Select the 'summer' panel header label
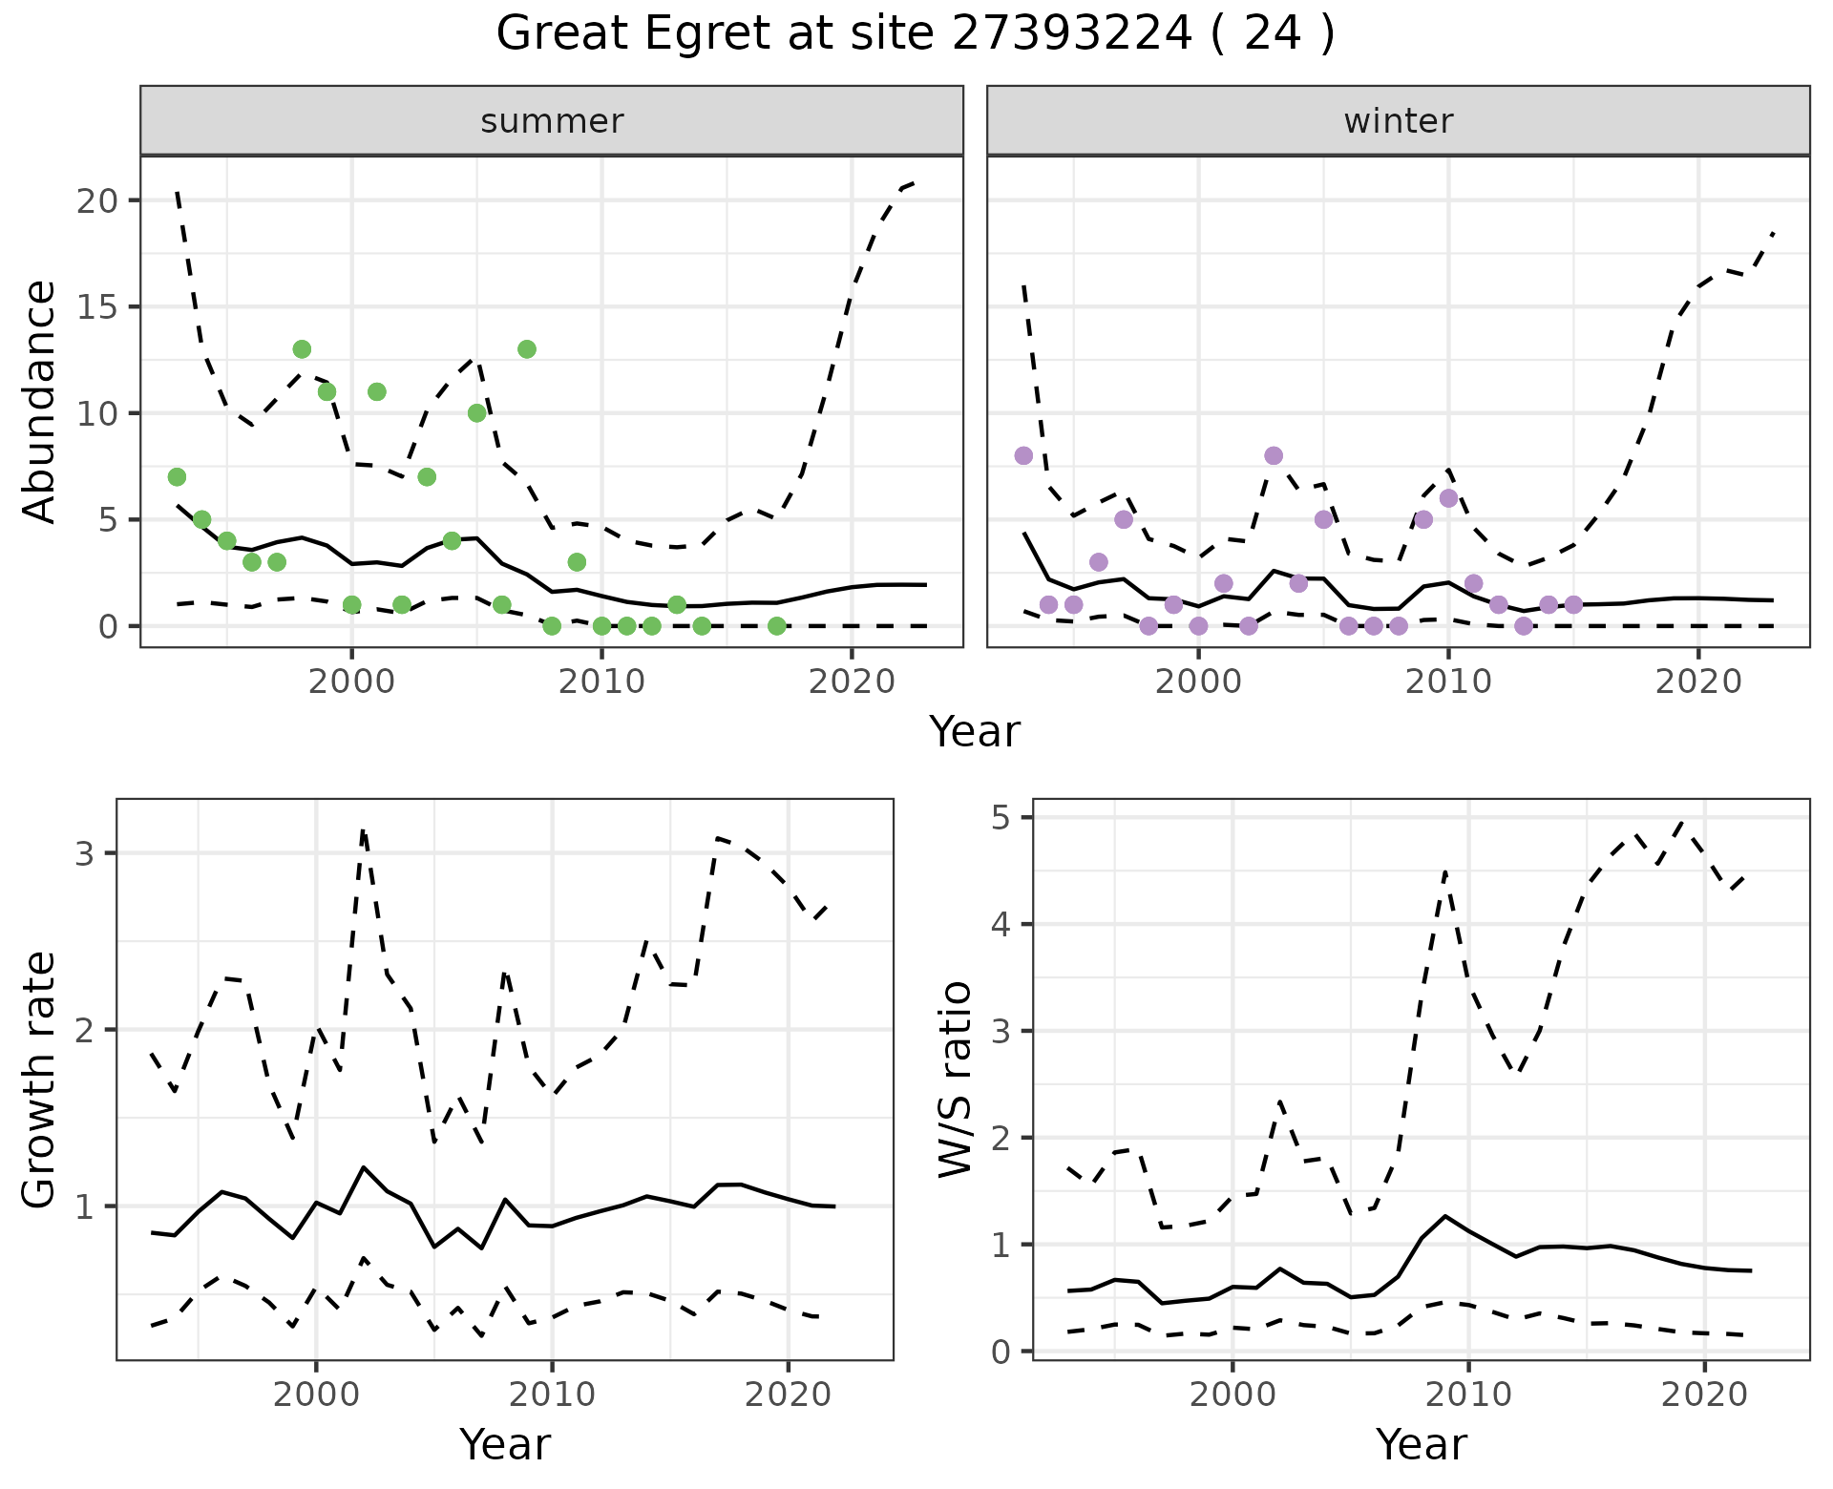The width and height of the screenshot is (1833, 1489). pos(552,121)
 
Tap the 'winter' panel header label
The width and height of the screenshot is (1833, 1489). pos(1398,121)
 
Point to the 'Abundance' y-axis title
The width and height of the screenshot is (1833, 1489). pos(39,401)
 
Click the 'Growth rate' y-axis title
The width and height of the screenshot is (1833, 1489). pos(39,1079)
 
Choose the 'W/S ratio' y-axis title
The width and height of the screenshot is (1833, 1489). pos(955,1079)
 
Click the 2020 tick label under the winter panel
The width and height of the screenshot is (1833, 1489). pos(1698,682)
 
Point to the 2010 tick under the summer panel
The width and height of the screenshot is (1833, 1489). pos(601,682)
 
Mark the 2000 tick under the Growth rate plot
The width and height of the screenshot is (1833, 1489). pos(316,1394)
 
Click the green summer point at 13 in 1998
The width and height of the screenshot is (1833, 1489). pos(302,349)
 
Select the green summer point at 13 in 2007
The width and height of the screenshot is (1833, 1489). pos(526,349)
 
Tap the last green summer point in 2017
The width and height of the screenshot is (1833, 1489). pos(776,626)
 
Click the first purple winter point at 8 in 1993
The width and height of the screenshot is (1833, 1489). pos(1023,455)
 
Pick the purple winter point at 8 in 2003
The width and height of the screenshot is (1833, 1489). pos(1274,455)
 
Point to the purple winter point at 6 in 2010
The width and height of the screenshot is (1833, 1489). pos(1448,498)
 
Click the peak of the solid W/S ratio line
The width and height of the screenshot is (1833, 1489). pos(1444,1216)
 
